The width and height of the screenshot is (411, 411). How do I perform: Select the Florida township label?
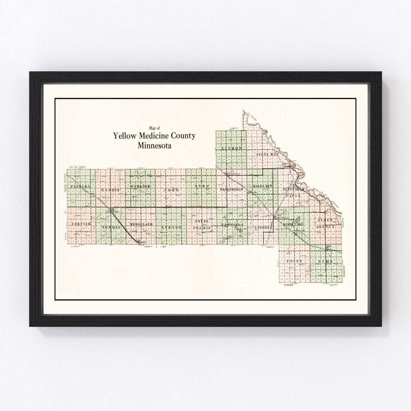pos(81,186)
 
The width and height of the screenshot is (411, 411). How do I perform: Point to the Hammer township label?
pos(110,190)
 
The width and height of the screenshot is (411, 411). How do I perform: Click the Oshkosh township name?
pos(140,186)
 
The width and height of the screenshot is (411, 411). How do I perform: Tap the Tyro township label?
pos(202,186)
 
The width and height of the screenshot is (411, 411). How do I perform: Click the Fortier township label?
pos(81,224)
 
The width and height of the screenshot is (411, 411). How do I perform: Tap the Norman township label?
pos(111,227)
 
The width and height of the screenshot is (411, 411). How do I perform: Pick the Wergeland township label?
pos(141,224)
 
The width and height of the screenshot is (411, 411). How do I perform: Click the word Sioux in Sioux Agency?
pos(325,220)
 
